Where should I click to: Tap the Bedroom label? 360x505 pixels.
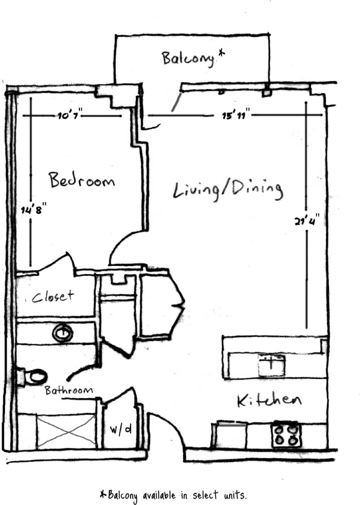click(x=82, y=180)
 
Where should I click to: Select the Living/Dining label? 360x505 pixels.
click(x=228, y=190)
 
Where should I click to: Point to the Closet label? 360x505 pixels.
click(x=52, y=296)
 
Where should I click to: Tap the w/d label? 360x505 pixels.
click(x=121, y=429)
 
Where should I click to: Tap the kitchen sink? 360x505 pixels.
click(x=271, y=365)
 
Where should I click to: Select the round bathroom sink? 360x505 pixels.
click(x=62, y=333)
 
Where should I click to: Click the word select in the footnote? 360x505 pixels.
click(x=205, y=495)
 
